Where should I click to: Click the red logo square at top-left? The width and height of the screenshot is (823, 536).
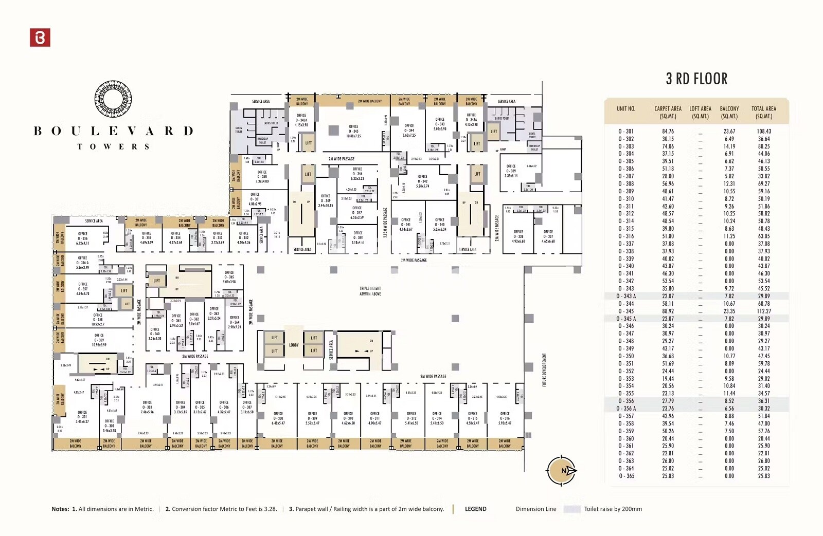click(x=40, y=38)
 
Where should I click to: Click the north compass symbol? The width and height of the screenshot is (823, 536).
click(x=561, y=470)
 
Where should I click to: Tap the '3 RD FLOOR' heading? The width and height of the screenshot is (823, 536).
click(x=696, y=79)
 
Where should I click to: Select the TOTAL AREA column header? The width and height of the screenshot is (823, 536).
click(x=763, y=112)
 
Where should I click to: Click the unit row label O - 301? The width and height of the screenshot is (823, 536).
click(x=626, y=132)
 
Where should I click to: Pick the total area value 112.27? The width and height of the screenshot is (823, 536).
click(x=764, y=311)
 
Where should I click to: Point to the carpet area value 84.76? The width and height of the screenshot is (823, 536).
click(x=668, y=132)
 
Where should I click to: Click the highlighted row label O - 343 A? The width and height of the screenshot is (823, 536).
click(x=626, y=296)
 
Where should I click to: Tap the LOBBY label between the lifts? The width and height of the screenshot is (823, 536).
click(x=294, y=345)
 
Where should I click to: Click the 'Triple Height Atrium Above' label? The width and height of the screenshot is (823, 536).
click(x=370, y=291)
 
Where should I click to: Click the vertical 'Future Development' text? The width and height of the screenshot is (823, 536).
click(x=544, y=370)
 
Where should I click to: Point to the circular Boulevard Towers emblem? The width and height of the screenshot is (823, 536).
click(x=113, y=99)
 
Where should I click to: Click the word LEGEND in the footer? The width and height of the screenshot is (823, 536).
click(x=475, y=509)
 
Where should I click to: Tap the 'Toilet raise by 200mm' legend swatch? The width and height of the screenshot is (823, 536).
click(x=572, y=509)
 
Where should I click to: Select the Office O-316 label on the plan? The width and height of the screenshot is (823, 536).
click(x=505, y=418)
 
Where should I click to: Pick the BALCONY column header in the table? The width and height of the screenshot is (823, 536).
click(x=729, y=112)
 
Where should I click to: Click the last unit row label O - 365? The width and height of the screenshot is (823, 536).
click(x=626, y=476)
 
